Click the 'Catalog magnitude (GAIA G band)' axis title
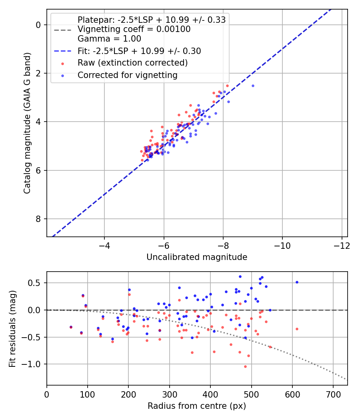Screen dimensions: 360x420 pyautogui.click(x=27, y=123)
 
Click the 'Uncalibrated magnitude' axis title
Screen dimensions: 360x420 pyautogui.click(x=197, y=257)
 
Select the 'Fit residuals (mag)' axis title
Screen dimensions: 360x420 pyautogui.click(x=12, y=329)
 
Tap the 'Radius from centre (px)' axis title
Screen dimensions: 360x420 pyautogui.click(x=197, y=406)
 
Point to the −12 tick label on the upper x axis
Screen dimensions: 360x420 pyautogui.click(x=342, y=246)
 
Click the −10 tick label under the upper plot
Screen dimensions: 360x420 pyautogui.click(x=282, y=246)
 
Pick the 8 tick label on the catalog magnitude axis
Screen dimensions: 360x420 pyautogui.click(x=38, y=219)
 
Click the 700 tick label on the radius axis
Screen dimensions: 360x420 pyautogui.click(x=333, y=394)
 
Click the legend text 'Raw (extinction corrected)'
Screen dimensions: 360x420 pyautogui.click(x=132, y=63)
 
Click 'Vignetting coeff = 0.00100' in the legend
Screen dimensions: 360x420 pyautogui.click(x=134, y=29)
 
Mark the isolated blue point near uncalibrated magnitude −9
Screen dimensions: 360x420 pyautogui.click(x=253, y=86)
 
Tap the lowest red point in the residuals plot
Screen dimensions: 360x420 pyautogui.click(x=245, y=366)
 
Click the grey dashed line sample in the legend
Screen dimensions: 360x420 pyautogui.click(x=63, y=30)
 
